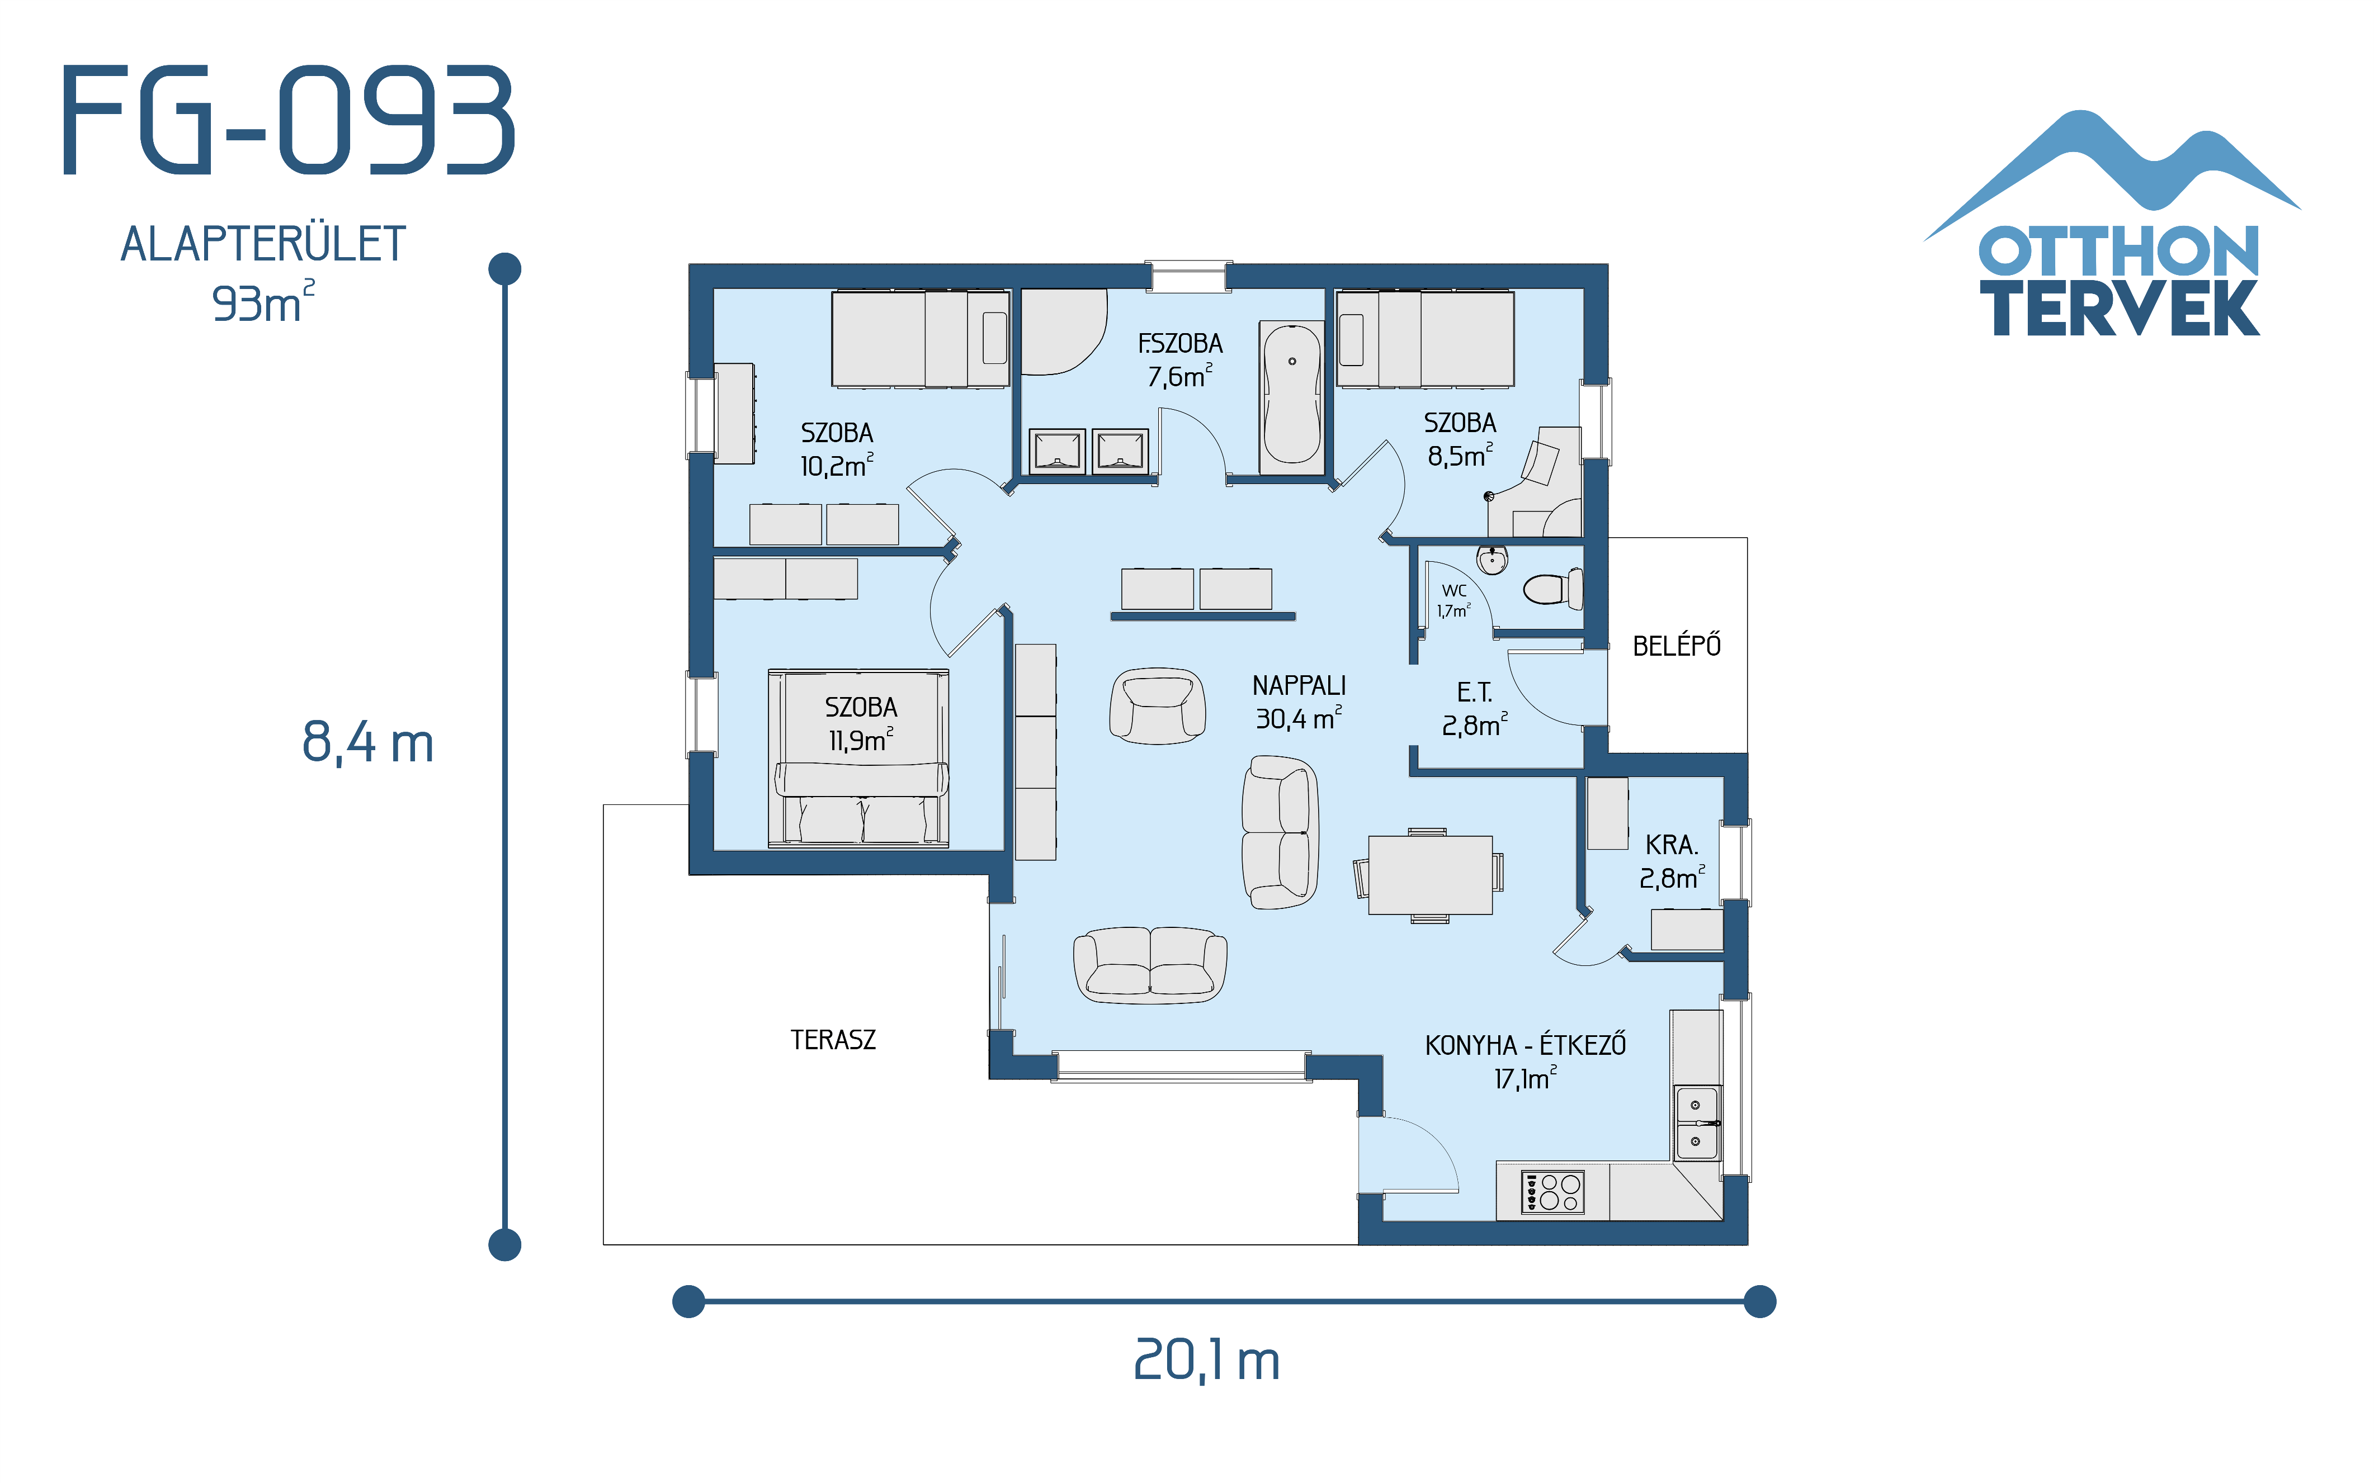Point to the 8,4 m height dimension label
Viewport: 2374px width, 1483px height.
(368, 742)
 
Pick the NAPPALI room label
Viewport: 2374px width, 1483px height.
(1298, 685)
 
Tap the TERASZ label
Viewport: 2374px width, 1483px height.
(833, 1040)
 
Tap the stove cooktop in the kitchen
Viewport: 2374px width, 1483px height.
(1552, 1192)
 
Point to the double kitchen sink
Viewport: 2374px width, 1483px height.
(1696, 1123)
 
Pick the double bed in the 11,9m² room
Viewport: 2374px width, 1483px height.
(858, 758)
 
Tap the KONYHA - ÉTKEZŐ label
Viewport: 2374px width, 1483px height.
(1525, 1045)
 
